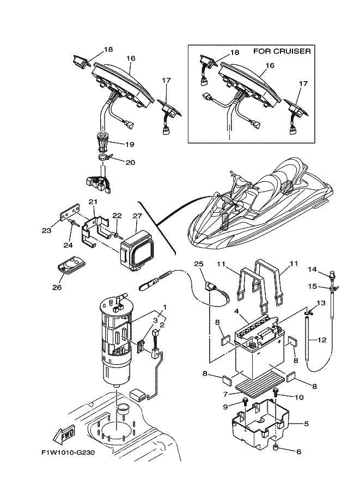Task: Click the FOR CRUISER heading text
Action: pyautogui.click(x=282, y=52)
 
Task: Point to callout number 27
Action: pyautogui.click(x=137, y=216)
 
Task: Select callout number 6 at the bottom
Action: pyautogui.click(x=299, y=451)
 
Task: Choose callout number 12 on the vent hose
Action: pyautogui.click(x=321, y=341)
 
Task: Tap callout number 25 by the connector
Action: pyautogui.click(x=198, y=264)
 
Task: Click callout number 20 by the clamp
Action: pyautogui.click(x=130, y=162)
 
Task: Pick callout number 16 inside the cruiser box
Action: pyautogui.click(x=270, y=65)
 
